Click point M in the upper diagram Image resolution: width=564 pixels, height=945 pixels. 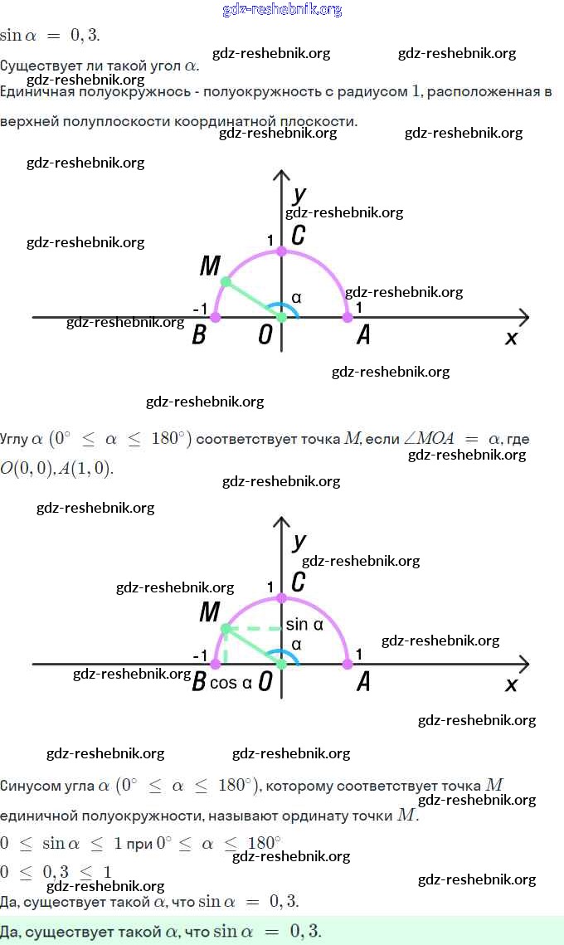click(226, 282)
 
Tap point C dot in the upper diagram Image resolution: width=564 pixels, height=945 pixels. click(281, 251)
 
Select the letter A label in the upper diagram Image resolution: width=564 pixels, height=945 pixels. click(362, 335)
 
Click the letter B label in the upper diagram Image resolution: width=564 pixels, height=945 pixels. click(199, 335)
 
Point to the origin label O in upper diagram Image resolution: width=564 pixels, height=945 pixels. click(265, 335)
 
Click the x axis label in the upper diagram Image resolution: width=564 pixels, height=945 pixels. click(511, 337)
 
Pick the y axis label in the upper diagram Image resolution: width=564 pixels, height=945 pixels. click(299, 195)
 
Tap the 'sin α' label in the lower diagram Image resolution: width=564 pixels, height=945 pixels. click(304, 625)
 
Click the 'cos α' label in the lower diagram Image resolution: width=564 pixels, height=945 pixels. click(231, 683)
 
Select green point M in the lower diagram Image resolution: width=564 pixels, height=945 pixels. click(226, 629)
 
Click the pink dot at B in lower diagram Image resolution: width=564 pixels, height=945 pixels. click(216, 664)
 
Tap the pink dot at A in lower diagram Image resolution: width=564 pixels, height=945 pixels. click(348, 664)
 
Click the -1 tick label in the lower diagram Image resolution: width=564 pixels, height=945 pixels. click(200, 655)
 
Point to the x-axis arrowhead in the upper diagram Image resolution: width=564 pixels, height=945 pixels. click(523, 317)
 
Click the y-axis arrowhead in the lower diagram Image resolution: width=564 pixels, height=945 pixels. click(281, 524)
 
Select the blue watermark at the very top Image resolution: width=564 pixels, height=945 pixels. click(282, 10)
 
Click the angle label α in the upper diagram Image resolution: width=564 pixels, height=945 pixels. click(296, 298)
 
